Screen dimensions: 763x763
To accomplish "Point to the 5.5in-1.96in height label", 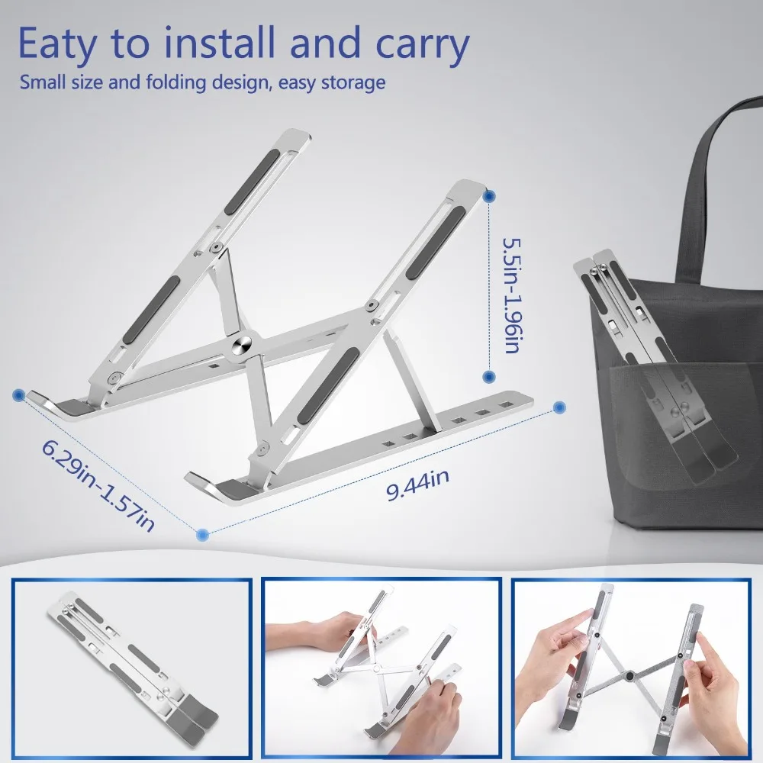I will click(510, 295).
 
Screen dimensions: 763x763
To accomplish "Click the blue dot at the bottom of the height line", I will click(488, 376).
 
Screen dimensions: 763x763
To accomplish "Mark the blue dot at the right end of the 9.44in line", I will click(559, 407).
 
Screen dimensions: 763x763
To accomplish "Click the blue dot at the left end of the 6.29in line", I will click(18, 394).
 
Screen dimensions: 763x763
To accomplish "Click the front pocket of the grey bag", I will click(687, 443).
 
